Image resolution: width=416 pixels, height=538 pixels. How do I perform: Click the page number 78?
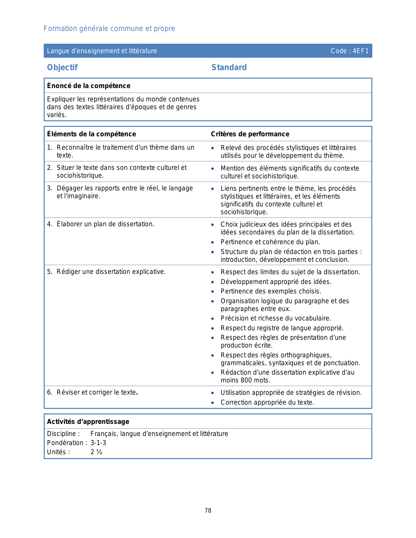[x=208, y=511]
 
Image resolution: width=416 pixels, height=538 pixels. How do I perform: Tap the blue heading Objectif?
[x=62, y=67]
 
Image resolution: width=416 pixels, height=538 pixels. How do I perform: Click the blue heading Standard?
[x=229, y=67]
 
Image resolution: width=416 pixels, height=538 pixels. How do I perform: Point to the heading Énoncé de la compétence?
[x=88, y=86]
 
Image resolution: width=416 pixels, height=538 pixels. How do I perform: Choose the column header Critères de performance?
[x=250, y=134]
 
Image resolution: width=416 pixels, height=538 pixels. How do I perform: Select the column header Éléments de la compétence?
[x=91, y=134]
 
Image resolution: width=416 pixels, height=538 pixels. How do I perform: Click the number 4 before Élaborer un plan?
[x=49, y=224]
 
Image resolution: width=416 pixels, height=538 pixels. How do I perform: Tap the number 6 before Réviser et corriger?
[x=49, y=393]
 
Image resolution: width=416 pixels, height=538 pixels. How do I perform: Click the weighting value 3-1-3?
[x=98, y=443]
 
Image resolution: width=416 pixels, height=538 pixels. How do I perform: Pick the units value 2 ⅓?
[x=96, y=452]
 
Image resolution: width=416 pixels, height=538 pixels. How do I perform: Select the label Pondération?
[x=65, y=443]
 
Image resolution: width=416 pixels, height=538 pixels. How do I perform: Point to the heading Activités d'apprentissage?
[x=88, y=422]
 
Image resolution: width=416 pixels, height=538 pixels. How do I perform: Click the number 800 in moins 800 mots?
[x=246, y=380]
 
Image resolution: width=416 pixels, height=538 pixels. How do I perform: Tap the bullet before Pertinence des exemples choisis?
[x=213, y=291]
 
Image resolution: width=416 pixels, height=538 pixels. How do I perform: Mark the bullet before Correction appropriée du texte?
[x=213, y=403]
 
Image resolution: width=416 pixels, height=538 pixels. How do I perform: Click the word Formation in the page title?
[x=56, y=29]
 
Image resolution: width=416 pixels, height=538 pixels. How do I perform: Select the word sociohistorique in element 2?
[x=80, y=175]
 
